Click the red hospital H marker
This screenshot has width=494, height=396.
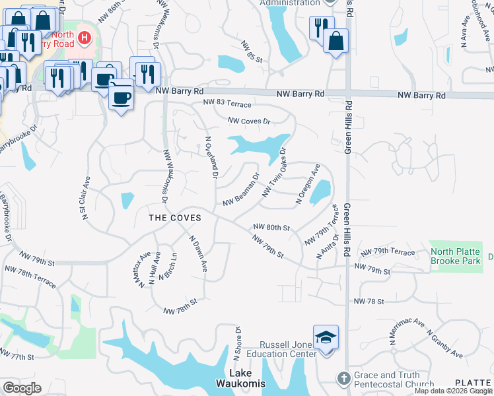[x=85, y=38]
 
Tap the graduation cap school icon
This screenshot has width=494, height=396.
[x=326, y=337]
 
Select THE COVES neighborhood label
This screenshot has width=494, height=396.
[x=174, y=218]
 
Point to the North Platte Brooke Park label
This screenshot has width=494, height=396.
[x=455, y=256]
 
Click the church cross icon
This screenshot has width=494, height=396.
[x=343, y=378]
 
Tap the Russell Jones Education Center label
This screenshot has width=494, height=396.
[x=288, y=349]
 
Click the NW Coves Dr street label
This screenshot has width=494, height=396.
[x=249, y=121]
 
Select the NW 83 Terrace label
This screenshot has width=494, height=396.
[x=227, y=104]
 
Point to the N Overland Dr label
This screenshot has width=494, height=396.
[x=211, y=158]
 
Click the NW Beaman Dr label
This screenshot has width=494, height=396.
[x=241, y=191]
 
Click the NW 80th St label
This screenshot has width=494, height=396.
[x=271, y=228]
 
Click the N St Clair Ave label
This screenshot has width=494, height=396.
[x=85, y=199]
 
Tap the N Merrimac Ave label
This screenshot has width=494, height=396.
[x=406, y=329]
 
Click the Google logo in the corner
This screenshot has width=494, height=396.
[x=22, y=388]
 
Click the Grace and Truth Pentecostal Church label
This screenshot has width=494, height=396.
[x=394, y=379]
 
